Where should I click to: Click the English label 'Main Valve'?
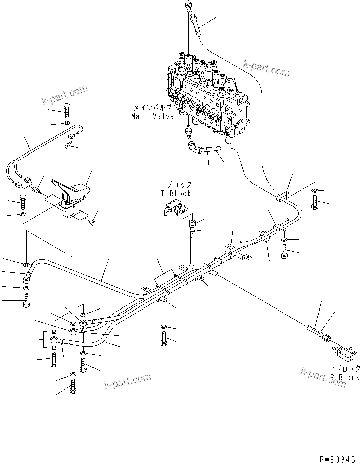152,116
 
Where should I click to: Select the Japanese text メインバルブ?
152,108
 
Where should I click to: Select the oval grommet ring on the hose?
263,236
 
